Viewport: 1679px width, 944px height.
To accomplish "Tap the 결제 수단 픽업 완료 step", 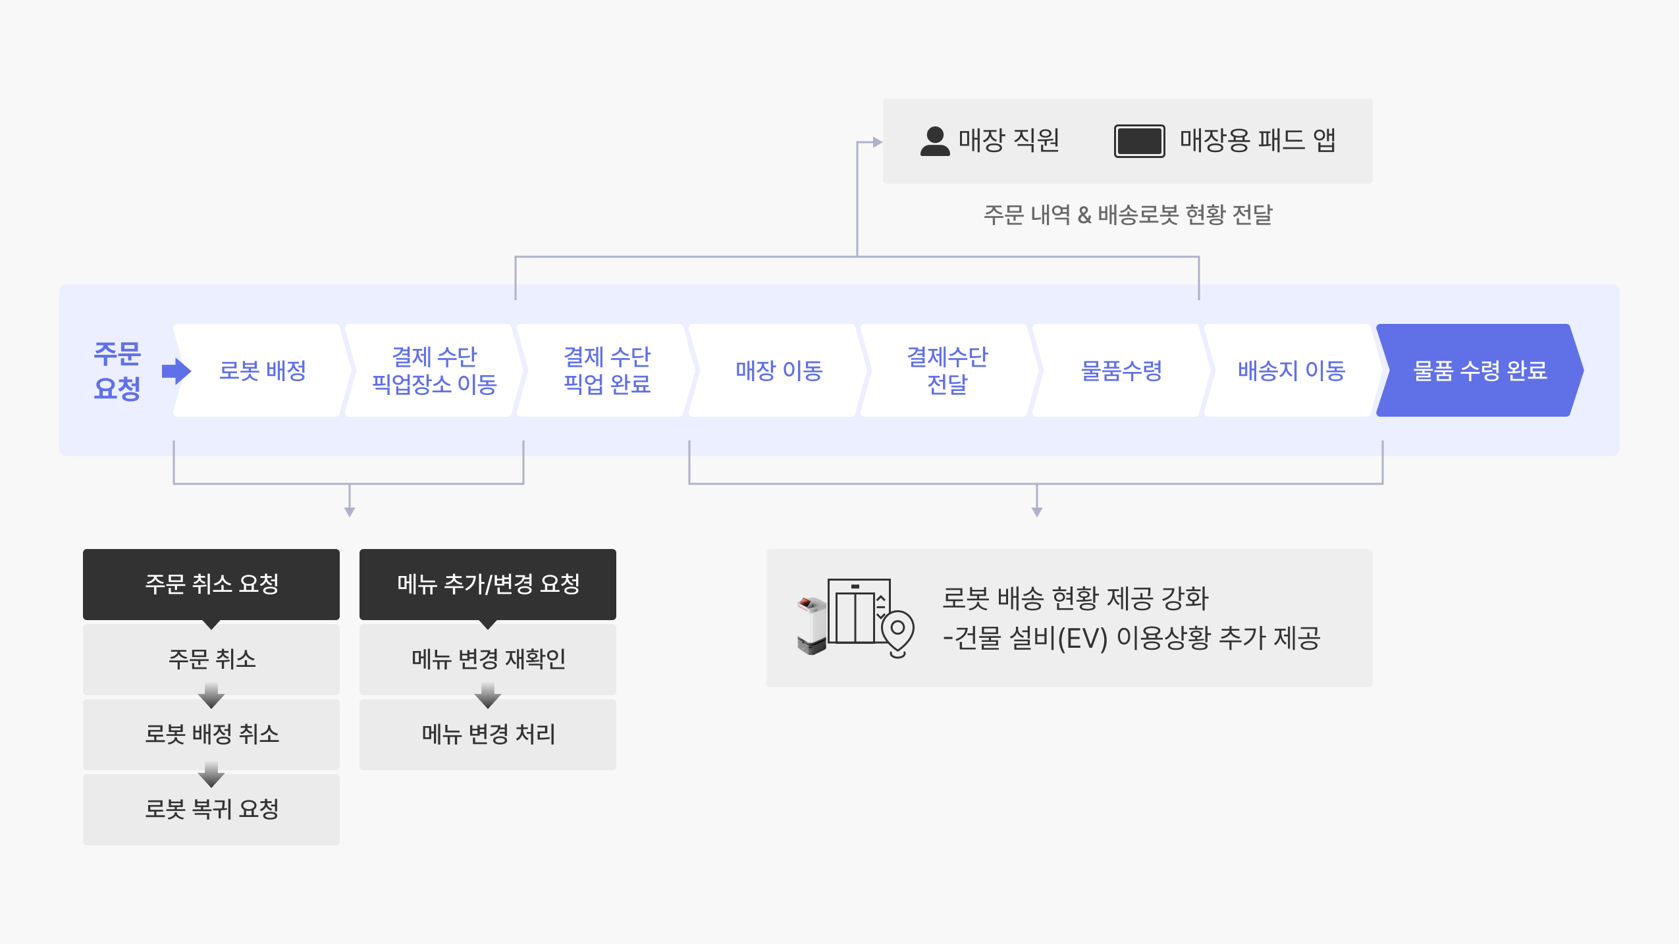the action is [x=606, y=370].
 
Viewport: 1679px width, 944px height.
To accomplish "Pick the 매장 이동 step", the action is [x=779, y=370].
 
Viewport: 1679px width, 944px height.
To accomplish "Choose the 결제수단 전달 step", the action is [x=947, y=370].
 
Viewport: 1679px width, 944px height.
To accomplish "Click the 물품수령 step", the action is [x=1121, y=370].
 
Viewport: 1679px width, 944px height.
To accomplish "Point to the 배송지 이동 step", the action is [x=1291, y=370].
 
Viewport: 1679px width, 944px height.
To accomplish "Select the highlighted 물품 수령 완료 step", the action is [x=1479, y=370].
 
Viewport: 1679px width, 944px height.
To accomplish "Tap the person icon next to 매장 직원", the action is [x=934, y=141].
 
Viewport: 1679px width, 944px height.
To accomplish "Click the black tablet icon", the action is [x=1139, y=141].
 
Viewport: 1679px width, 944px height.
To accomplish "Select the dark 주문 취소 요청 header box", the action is [x=211, y=585].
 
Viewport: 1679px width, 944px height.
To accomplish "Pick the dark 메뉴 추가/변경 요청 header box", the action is [x=488, y=585].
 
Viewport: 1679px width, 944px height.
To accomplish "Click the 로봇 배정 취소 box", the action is [x=211, y=734].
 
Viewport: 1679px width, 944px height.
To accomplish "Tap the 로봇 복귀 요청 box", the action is [x=211, y=809].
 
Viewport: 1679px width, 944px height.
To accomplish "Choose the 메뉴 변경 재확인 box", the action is [x=488, y=659].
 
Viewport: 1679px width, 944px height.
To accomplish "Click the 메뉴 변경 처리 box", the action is [x=488, y=734].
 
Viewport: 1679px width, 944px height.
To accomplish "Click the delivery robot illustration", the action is [x=812, y=625].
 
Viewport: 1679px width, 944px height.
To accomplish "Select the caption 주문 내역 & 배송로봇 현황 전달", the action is [x=1128, y=215].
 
